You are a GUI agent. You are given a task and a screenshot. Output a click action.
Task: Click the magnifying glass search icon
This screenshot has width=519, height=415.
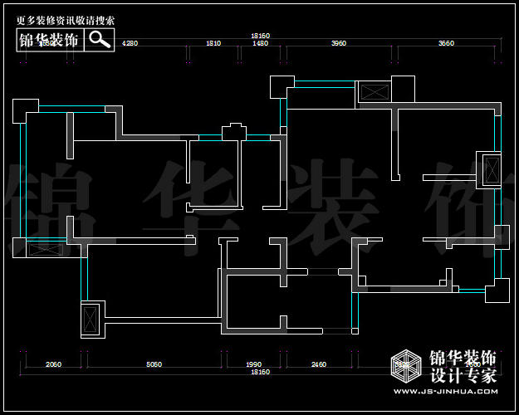[100, 39]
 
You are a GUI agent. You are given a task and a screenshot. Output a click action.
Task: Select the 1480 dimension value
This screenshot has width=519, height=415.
[260, 42]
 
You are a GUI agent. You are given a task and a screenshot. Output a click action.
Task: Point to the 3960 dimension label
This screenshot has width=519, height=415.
[338, 42]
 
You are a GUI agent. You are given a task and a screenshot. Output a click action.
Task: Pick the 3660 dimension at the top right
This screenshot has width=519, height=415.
[446, 42]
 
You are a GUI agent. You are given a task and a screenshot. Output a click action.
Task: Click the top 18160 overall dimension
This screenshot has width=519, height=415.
[261, 35]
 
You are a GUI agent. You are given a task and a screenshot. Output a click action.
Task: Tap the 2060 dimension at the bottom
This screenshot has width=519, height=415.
[53, 364]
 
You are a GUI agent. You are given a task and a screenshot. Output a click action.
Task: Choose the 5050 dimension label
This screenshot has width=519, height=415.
[154, 364]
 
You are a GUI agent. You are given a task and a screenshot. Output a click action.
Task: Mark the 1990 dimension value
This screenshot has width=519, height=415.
[254, 364]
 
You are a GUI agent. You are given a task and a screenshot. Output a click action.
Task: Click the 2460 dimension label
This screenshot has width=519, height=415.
[319, 364]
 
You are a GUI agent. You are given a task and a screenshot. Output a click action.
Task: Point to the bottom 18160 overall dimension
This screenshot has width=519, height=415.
[261, 372]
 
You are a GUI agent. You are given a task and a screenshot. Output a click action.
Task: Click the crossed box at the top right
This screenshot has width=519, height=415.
[374, 91]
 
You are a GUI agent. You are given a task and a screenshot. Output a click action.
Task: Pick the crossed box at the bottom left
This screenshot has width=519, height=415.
[90, 319]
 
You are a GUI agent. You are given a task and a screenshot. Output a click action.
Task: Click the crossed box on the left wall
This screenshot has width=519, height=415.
[42, 248]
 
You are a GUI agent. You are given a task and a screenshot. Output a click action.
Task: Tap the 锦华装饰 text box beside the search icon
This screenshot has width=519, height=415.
[50, 40]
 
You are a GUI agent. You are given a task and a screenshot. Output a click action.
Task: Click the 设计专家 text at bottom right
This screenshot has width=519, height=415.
[462, 375]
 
